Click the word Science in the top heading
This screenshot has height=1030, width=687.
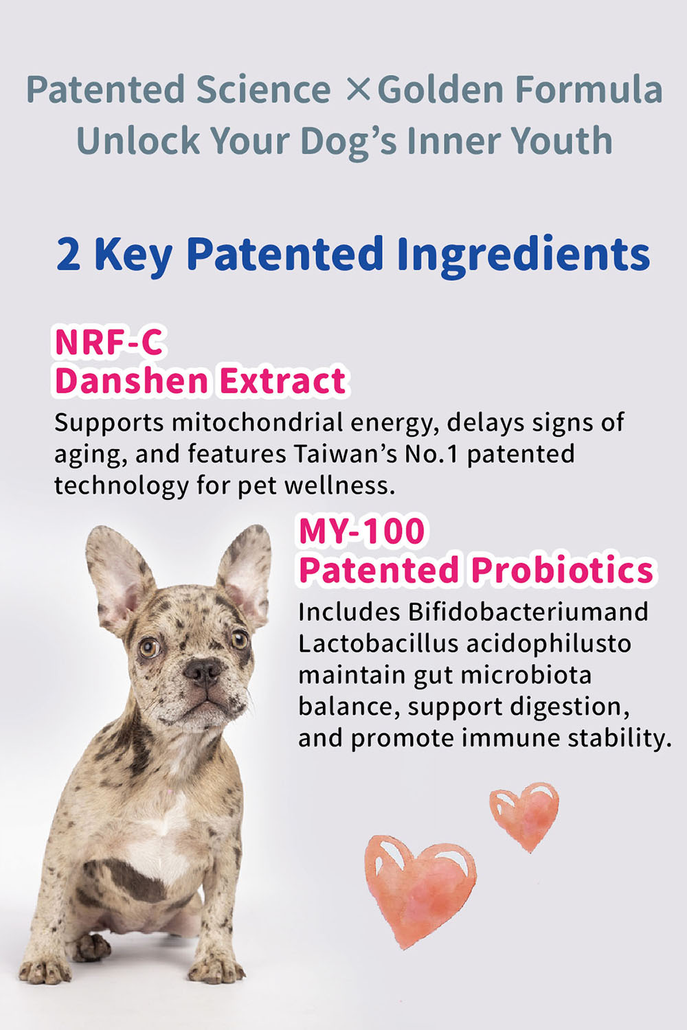[264, 89]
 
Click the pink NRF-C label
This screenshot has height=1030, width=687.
[109, 342]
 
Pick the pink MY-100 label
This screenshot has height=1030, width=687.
[361, 531]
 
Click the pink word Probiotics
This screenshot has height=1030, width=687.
[562, 570]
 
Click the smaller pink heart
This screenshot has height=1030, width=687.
[524, 816]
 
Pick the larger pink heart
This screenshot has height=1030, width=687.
[420, 891]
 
